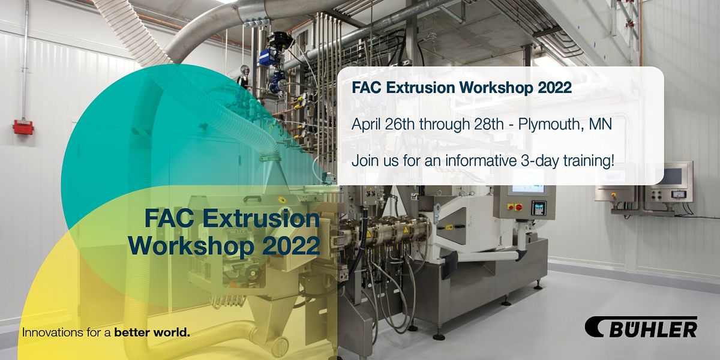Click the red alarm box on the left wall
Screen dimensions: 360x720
[23, 127]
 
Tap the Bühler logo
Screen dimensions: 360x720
[641, 328]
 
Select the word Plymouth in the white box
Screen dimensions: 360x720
[544, 125]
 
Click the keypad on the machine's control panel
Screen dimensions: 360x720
[540, 208]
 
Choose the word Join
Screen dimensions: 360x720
[363, 161]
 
